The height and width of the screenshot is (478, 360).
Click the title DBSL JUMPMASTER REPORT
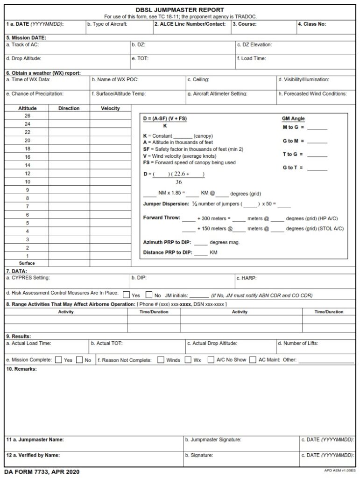coord(180,9)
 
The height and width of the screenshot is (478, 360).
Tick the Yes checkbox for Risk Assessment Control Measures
coord(126,295)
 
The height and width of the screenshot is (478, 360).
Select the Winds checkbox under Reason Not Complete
coord(161,360)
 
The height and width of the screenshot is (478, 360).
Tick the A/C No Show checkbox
coord(211,360)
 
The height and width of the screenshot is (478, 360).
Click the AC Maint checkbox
coord(253,360)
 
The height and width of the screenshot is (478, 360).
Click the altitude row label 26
coord(27,116)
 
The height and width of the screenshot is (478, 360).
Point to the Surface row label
coord(27,263)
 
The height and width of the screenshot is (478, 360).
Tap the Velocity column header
coord(110,108)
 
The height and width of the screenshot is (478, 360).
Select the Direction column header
coord(69,108)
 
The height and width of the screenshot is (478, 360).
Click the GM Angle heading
coord(293,119)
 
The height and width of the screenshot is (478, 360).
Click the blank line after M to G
coord(317,127)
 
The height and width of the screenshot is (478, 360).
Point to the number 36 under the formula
coord(178,182)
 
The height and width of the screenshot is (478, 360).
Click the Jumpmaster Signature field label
coord(213,440)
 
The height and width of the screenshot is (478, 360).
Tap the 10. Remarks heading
coord(21,369)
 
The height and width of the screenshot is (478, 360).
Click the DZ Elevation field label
coord(254,45)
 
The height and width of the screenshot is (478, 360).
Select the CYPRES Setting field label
coord(28,278)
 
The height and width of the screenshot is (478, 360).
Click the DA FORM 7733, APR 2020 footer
coord(42,472)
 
